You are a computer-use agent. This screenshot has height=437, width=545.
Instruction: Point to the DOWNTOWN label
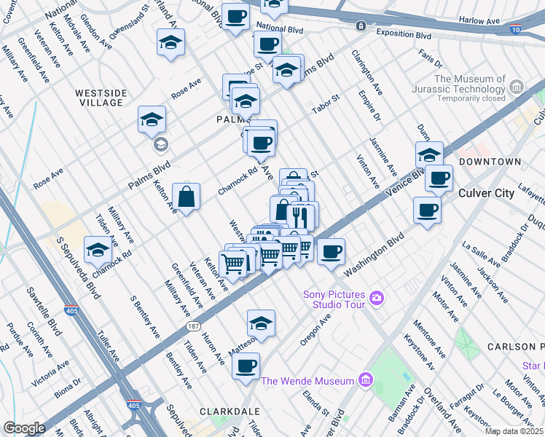(490, 161)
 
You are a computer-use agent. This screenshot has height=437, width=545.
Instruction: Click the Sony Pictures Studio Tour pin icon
(377, 297)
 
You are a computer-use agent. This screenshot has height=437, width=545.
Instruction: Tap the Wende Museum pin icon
(366, 380)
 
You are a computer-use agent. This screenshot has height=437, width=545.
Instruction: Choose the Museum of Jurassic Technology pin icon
(517, 88)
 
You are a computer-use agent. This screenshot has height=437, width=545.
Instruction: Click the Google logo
(24, 428)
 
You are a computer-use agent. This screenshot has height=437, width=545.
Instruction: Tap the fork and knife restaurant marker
(299, 216)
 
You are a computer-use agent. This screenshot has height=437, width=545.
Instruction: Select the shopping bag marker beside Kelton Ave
(187, 196)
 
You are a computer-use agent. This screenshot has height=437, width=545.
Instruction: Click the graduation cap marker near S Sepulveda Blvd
(98, 250)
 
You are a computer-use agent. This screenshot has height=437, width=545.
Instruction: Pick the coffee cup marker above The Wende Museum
(246, 365)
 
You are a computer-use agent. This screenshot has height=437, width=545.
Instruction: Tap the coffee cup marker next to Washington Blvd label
(331, 252)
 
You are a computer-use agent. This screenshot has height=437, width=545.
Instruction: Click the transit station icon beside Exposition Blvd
(361, 26)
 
